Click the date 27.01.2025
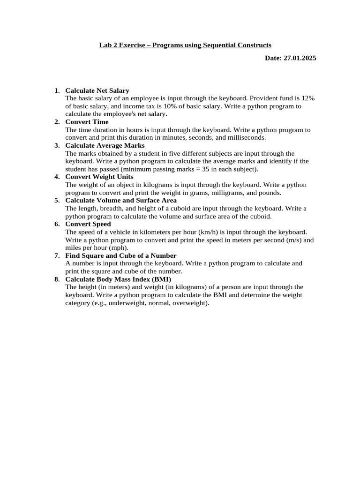pyautogui.click(x=300, y=58)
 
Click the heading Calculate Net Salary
pyautogui.click(x=97, y=90)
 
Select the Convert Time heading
pyautogui.click(x=87, y=122)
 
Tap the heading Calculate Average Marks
pyautogui.click(x=105, y=145)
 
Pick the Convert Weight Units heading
pyautogui.click(x=99, y=177)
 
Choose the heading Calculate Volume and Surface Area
pyautogui.click(x=121, y=200)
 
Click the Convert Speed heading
pyautogui.click(x=88, y=224)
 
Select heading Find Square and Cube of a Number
pyautogui.click(x=120, y=255)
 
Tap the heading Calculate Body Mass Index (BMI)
pyautogui.click(x=118, y=279)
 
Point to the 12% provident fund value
pyautogui.click(x=307, y=98)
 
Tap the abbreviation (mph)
pyautogui.click(x=119, y=247)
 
